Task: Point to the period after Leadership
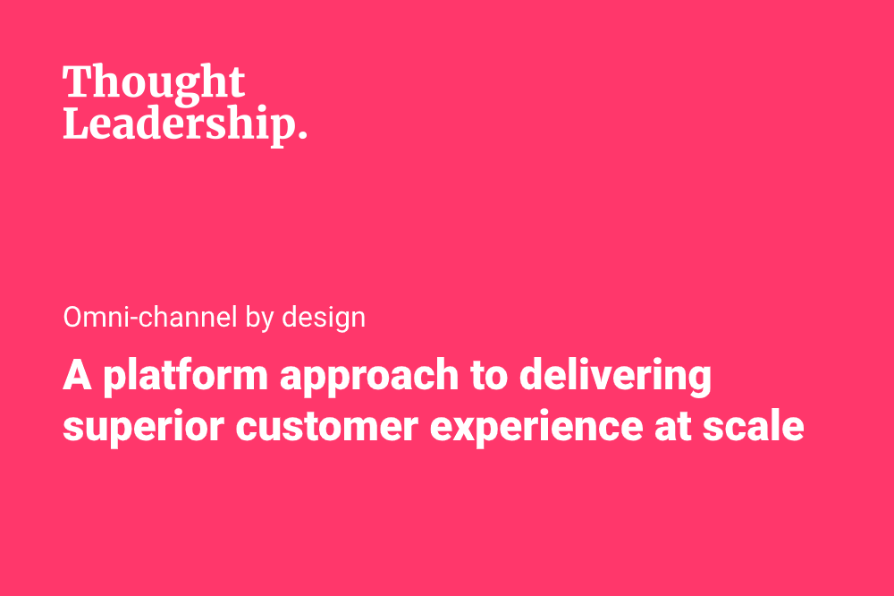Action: [x=303, y=135]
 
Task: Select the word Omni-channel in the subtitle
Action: [x=150, y=317]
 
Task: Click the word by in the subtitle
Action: [x=260, y=319]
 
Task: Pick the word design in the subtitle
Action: [x=324, y=319]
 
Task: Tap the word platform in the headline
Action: [x=185, y=378]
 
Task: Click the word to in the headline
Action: [x=489, y=376]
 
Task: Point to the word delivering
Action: [x=615, y=378]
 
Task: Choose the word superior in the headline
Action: [x=143, y=428]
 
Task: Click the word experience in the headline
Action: [x=536, y=428]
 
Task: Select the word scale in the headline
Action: [x=753, y=425]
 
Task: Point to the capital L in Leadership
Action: [x=78, y=123]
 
